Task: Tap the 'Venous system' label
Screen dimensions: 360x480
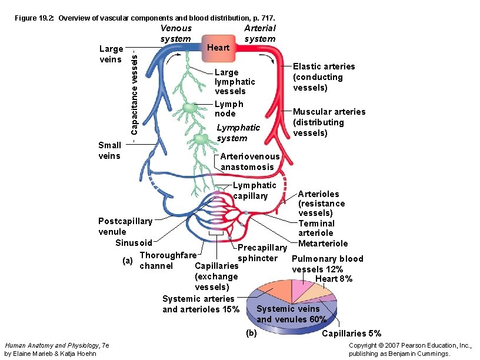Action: pos(175,34)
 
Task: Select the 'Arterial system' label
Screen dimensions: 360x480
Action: pos(259,34)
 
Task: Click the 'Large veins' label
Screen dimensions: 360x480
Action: pos(111,54)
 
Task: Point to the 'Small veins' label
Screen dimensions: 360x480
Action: pos(109,151)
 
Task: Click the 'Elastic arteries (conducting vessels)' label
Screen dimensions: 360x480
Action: pos(324,77)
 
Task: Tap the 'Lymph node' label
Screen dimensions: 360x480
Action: pos(229,109)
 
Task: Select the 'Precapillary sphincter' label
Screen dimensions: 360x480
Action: pos(261,253)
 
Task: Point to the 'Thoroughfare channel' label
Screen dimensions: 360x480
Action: pos(166,261)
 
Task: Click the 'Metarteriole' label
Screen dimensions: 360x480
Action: pos(323,244)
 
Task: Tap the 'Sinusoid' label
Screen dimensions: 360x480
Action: pos(134,243)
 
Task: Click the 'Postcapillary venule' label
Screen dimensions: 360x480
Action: pos(125,226)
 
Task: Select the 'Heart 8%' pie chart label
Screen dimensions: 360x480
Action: pos(334,279)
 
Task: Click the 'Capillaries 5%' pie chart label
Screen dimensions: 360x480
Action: pos(351,334)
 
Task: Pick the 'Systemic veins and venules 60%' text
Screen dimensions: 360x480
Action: pos(291,314)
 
